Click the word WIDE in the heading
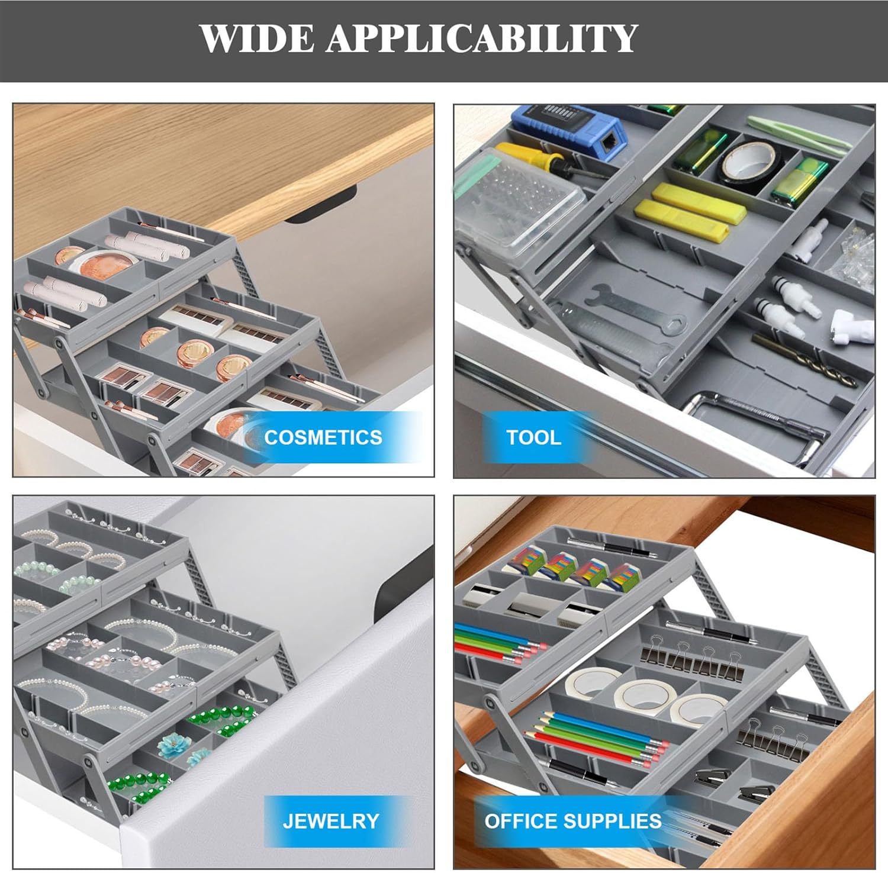(257, 39)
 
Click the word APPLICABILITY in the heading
(481, 39)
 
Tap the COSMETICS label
(323, 437)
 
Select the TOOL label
(533, 437)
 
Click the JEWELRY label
(330, 821)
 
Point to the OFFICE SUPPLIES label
(572, 821)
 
